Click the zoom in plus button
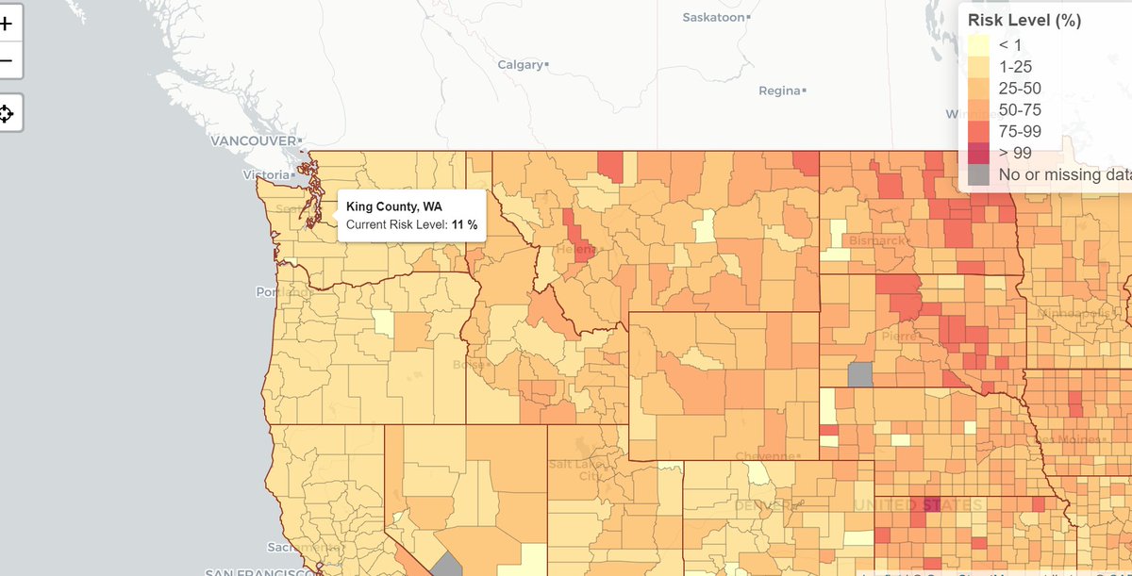pyautogui.click(x=6, y=25)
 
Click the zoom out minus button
pyautogui.click(x=6, y=61)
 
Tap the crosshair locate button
pyautogui.click(x=6, y=114)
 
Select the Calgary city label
pyautogui.click(x=521, y=65)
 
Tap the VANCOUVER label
pyautogui.click(x=253, y=140)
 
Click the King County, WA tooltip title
pyautogui.click(x=394, y=206)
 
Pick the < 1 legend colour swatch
pyautogui.click(x=978, y=44)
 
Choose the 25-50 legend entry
pyautogui.click(x=1020, y=88)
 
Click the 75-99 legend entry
pyautogui.click(x=1020, y=131)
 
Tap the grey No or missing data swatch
pyautogui.click(x=978, y=174)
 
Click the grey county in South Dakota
pyautogui.click(x=859, y=374)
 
